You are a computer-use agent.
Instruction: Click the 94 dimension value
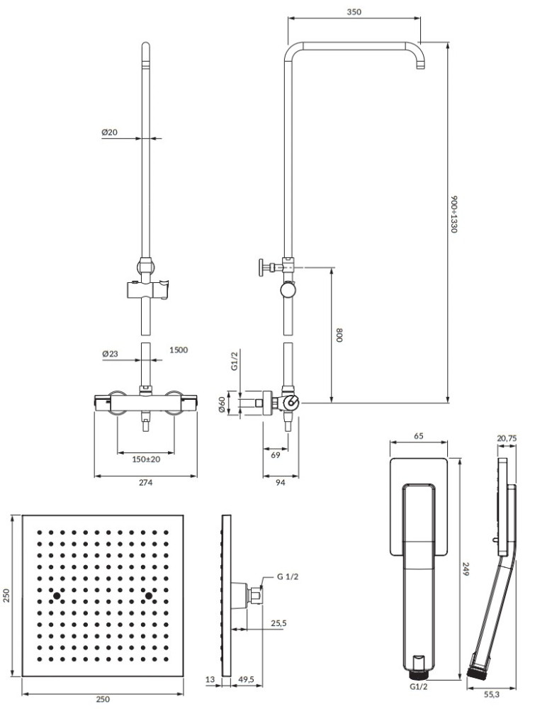[x=281, y=483]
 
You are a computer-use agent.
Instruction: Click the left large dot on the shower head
[x=57, y=594]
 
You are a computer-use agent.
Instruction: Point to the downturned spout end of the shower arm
[x=422, y=65]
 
